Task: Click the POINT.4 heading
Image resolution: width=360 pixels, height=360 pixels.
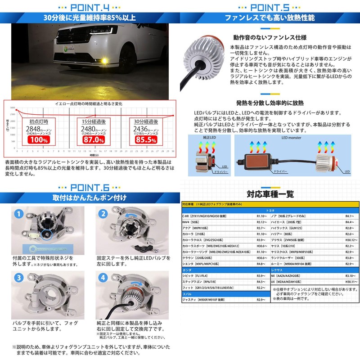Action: tap(90, 7)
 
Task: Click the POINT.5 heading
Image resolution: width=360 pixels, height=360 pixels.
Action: tap(270, 7)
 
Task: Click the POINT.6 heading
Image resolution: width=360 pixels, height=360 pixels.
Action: tap(90, 186)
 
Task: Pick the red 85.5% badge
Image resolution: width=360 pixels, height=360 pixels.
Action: tap(145, 140)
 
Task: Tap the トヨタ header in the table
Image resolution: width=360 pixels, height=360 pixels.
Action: tap(269, 210)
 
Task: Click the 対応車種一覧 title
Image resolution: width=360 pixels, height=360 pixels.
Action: tap(270, 194)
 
